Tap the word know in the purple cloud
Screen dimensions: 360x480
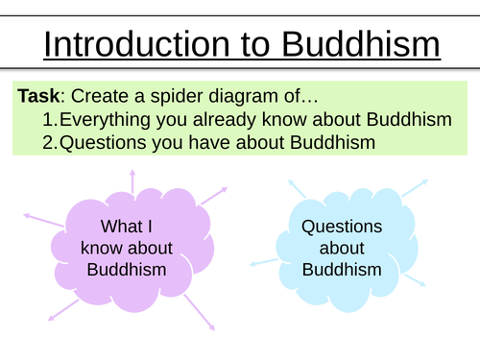pyautogui.click(x=101, y=249)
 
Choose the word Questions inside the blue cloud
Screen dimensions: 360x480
pyautogui.click(x=341, y=228)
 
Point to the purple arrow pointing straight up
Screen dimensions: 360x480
pyautogui.click(x=132, y=180)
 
